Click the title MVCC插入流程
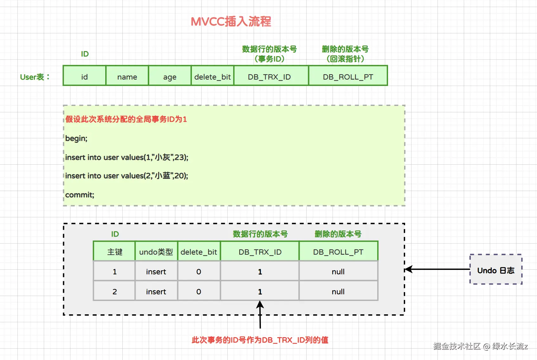(231, 22)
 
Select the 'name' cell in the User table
(127, 77)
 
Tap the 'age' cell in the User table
(170, 77)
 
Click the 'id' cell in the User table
(84, 77)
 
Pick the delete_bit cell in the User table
(212, 77)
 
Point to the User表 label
(35, 77)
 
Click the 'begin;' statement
(76, 138)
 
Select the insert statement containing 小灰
(126, 157)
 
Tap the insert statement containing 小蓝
(126, 176)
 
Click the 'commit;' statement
(80, 195)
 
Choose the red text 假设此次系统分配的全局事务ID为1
(126, 119)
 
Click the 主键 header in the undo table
(114, 252)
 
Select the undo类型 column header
(156, 252)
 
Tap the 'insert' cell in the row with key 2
(156, 291)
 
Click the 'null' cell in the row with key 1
(338, 272)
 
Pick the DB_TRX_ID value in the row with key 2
(260, 291)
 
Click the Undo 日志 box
(496, 270)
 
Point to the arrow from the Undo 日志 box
(437, 269)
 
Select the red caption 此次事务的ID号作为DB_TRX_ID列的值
(260, 340)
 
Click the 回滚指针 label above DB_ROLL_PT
(345, 59)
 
